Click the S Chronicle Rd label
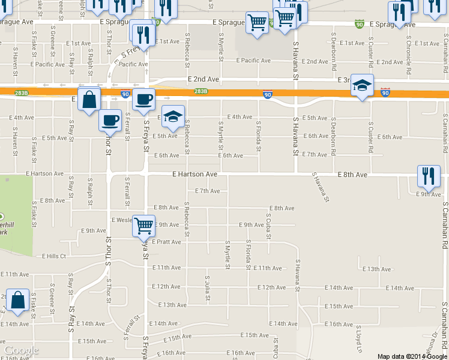click(x=408, y=55)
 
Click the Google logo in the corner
click(x=21, y=350)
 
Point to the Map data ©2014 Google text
click(x=412, y=356)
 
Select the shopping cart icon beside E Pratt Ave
click(x=144, y=226)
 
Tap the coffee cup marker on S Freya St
click(x=143, y=100)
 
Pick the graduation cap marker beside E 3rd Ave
click(x=363, y=86)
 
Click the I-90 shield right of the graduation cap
click(x=385, y=93)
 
